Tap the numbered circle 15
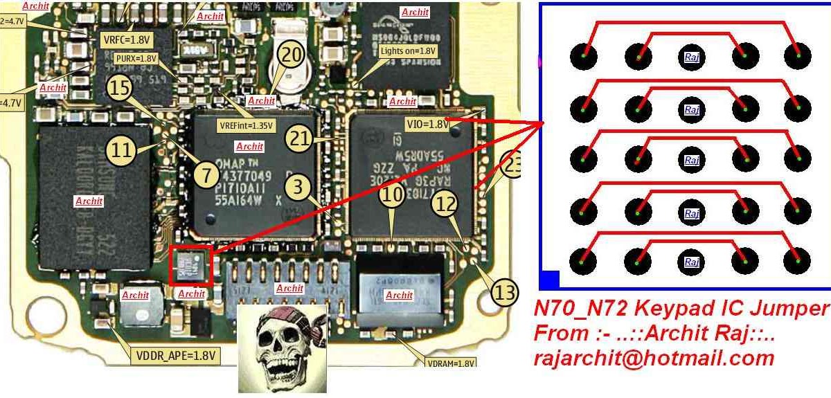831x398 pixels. click(x=119, y=87)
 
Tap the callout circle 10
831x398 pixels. click(x=393, y=195)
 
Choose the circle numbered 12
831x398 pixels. click(x=445, y=203)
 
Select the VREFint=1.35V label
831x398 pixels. click(x=246, y=126)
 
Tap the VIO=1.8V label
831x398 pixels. click(x=427, y=124)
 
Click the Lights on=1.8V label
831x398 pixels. click(x=408, y=51)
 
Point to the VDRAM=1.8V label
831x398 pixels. click(x=449, y=363)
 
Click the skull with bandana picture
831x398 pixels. click(x=283, y=349)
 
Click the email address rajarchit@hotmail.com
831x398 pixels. click(x=653, y=359)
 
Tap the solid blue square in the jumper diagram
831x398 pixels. click(x=548, y=280)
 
